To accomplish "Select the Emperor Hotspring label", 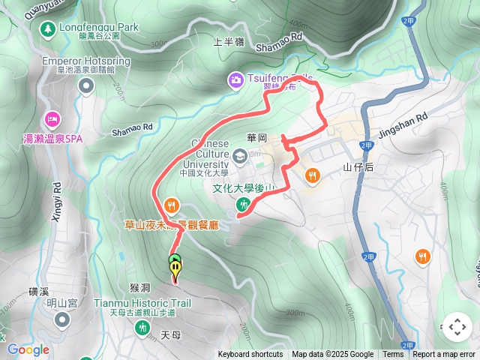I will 86,61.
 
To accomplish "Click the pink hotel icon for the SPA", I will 52,118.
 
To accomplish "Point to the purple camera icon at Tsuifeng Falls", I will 235,79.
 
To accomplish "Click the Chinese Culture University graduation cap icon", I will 238,156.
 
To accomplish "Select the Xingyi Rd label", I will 58,202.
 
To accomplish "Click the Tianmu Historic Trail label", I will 142,303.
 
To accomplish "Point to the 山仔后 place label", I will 358,167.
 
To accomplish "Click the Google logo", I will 28,349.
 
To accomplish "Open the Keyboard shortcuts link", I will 250,355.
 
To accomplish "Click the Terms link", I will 393,355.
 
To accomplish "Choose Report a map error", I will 445,355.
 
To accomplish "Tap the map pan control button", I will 457,327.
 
